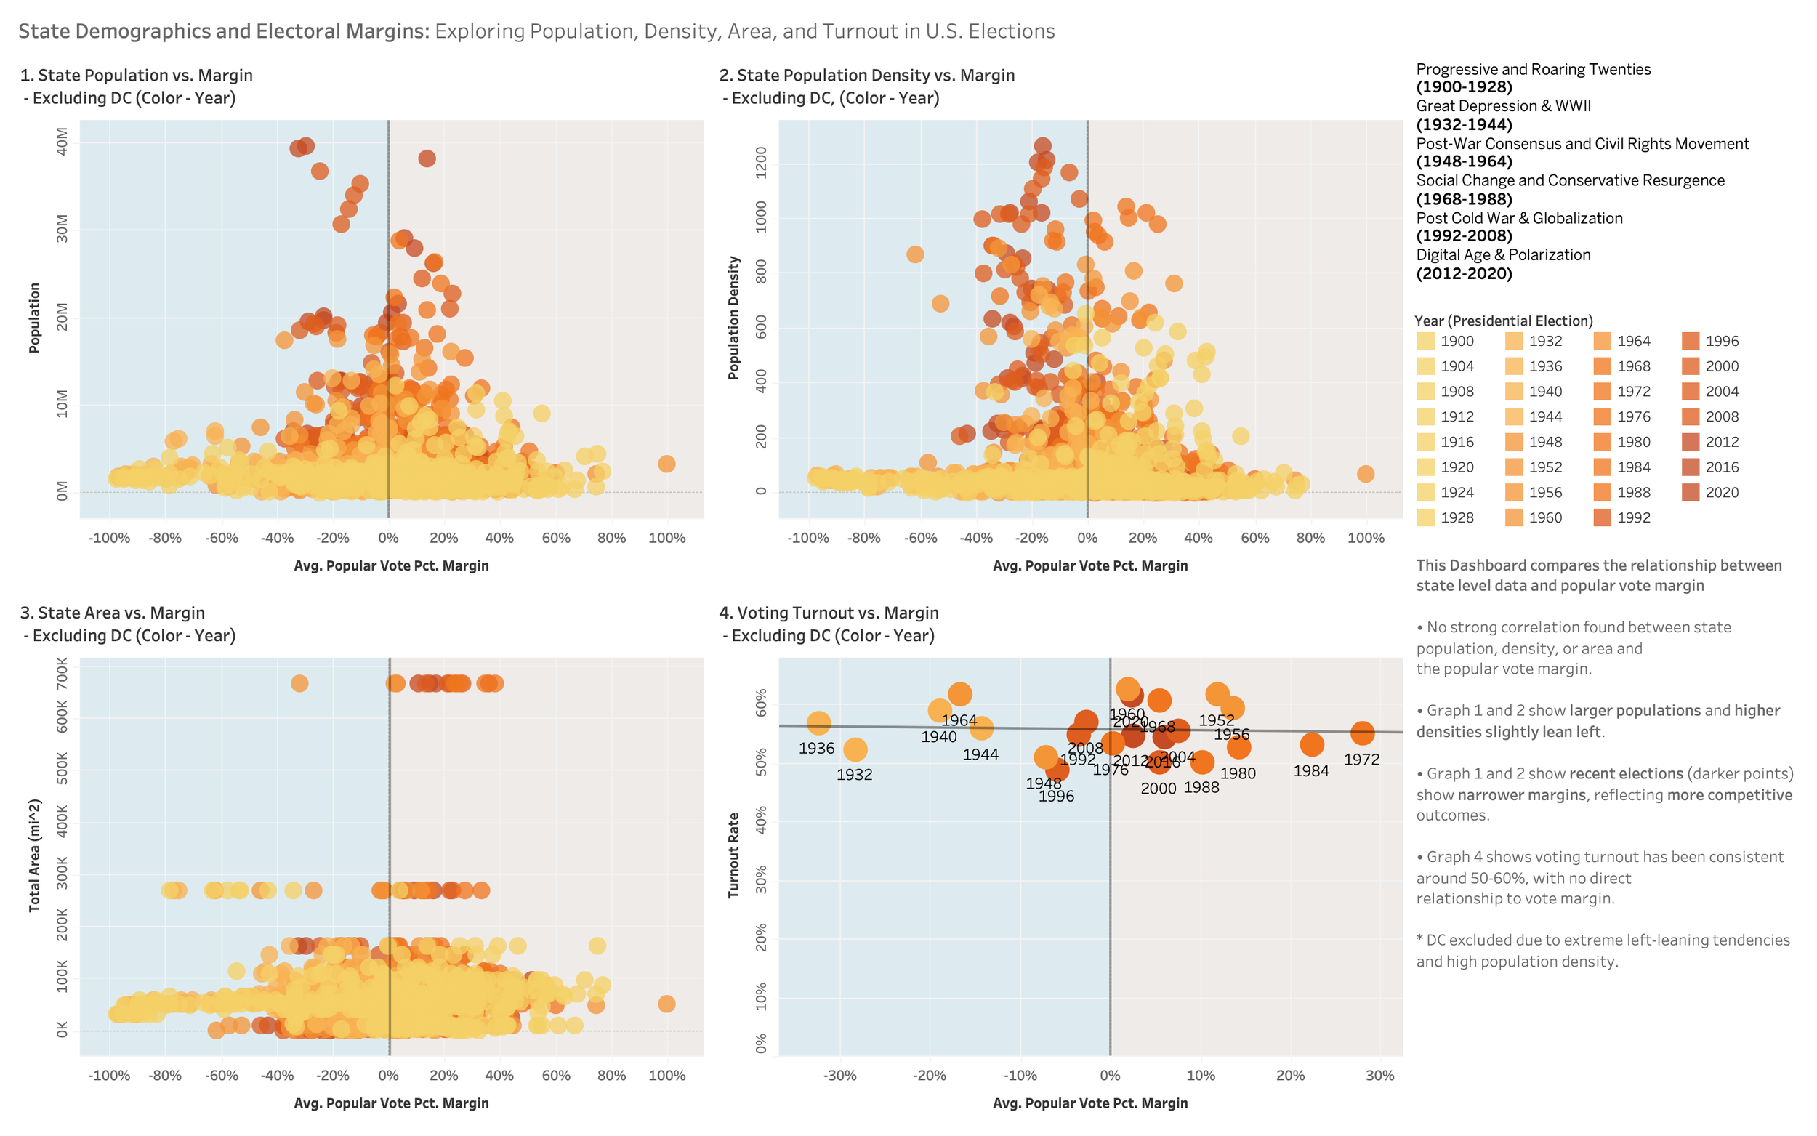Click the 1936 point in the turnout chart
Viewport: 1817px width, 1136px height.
pyautogui.click(x=818, y=723)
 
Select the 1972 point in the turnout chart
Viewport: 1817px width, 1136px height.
pyautogui.click(x=1362, y=733)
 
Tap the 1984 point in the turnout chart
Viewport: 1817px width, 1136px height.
pyautogui.click(x=1311, y=744)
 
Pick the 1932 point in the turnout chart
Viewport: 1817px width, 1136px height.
pyautogui.click(x=855, y=749)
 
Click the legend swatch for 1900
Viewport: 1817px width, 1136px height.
pyautogui.click(x=1425, y=341)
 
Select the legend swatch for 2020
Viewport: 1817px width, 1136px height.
pyautogui.click(x=1690, y=492)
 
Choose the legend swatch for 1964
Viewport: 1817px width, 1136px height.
pyautogui.click(x=1601, y=341)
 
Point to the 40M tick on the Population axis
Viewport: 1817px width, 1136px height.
pyautogui.click(x=63, y=141)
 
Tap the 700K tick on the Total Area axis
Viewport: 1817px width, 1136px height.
pyautogui.click(x=63, y=674)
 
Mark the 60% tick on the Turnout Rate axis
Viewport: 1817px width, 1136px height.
pyautogui.click(x=761, y=704)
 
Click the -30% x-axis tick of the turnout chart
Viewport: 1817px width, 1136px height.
pyautogui.click(x=839, y=1075)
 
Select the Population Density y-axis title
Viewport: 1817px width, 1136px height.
pyautogui.click(x=733, y=318)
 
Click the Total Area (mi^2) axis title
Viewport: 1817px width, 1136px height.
pyautogui.click(x=35, y=855)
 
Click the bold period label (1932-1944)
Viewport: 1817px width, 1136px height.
pyautogui.click(x=1464, y=125)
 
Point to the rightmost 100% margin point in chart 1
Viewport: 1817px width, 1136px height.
pyautogui.click(x=666, y=464)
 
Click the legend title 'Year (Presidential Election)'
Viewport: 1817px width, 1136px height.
pyautogui.click(x=1503, y=321)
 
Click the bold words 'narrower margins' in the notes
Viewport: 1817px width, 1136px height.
pyautogui.click(x=1538, y=795)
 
